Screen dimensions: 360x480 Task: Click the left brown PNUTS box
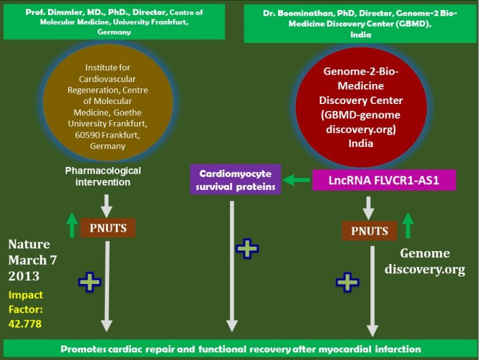[x=108, y=228]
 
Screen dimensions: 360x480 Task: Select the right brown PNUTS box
[x=370, y=231]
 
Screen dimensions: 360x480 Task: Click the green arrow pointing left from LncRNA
[x=296, y=181]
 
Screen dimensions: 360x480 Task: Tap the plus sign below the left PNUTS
[x=90, y=282]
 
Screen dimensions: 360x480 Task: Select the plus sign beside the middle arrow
[x=247, y=249]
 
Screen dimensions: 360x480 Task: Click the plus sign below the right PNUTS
[x=347, y=282]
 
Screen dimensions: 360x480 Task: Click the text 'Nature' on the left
[x=29, y=244]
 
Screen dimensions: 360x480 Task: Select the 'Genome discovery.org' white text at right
[x=424, y=261]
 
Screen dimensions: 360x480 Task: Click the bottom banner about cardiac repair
[x=240, y=349]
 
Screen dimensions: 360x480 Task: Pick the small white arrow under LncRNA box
[x=368, y=205]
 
